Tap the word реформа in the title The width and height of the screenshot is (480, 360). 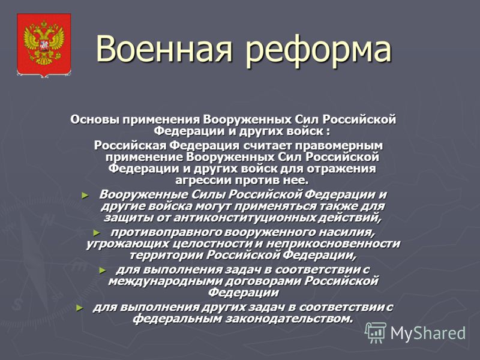click(319, 51)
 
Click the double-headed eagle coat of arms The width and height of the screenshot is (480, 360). click(44, 44)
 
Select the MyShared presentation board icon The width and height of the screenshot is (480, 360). click(376, 333)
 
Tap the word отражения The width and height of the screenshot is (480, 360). click(341, 169)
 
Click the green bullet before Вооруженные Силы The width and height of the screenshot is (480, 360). click(85, 196)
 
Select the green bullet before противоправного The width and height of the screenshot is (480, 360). click(97, 233)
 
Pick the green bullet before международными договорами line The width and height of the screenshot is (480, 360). click(103, 271)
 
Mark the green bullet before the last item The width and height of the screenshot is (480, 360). click(80, 308)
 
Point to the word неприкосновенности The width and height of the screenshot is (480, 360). click(333, 244)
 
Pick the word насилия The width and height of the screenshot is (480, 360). click(346, 233)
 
